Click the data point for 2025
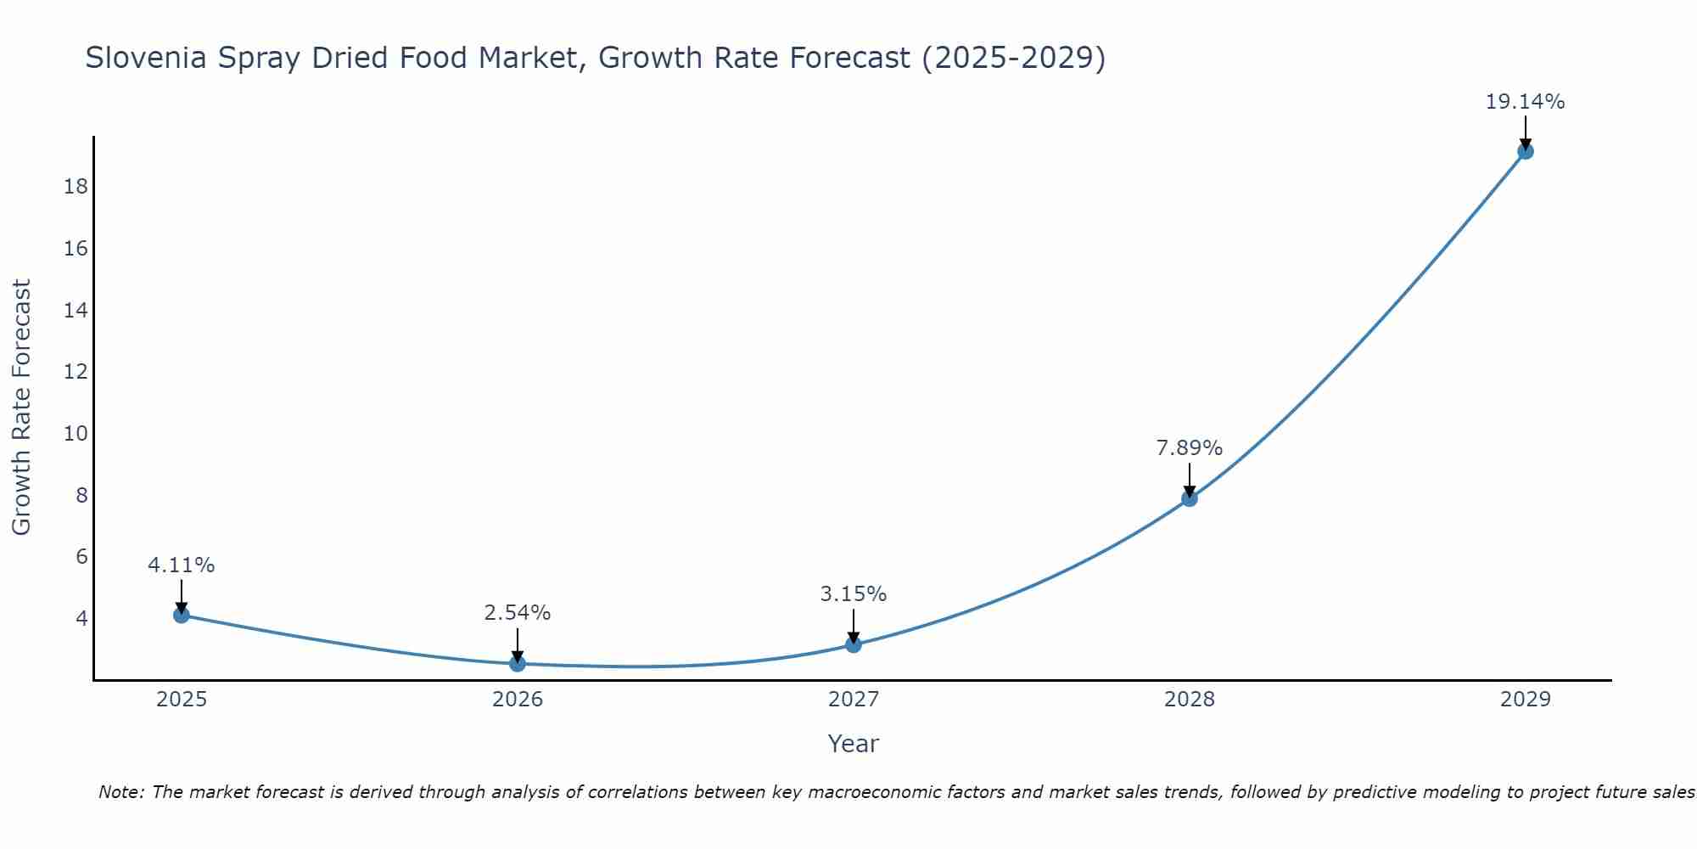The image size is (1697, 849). click(181, 615)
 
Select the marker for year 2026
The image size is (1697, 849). click(518, 663)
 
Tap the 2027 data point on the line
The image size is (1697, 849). click(854, 644)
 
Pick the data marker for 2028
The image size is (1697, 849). click(1190, 498)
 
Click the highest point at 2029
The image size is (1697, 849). click(1525, 151)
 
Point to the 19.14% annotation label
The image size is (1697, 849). click(1525, 102)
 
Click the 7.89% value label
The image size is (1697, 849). click(1190, 447)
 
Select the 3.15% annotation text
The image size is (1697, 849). click(854, 594)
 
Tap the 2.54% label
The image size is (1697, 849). click(518, 612)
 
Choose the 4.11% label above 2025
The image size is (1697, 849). click(181, 565)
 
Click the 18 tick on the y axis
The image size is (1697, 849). click(76, 186)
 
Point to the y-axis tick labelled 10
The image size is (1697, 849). click(76, 433)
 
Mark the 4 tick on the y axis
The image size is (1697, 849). click(81, 618)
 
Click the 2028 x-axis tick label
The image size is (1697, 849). click(1190, 700)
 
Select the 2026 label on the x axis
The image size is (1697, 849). click(518, 700)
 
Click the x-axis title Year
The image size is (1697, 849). click(854, 744)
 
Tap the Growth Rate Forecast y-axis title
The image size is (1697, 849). click(21, 408)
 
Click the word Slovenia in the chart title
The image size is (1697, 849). click(145, 58)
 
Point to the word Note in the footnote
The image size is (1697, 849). click(122, 792)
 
